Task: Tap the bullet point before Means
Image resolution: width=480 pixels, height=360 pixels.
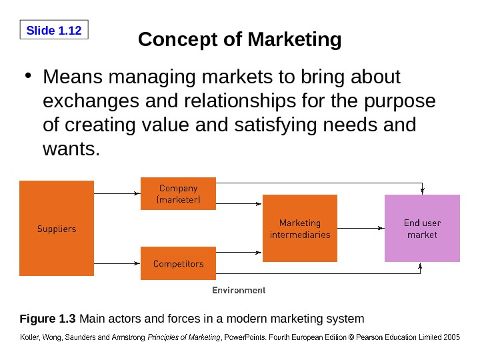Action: [x=28, y=78]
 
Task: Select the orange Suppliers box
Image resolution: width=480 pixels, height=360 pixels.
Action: [x=56, y=229]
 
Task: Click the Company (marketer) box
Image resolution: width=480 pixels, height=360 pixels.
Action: [x=178, y=193]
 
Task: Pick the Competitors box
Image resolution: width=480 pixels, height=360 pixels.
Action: [x=178, y=263]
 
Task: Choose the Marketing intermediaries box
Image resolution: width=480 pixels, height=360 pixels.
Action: [x=300, y=229]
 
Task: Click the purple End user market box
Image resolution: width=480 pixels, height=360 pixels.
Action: [x=422, y=229]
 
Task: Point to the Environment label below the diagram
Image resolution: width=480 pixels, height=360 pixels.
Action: [x=239, y=290]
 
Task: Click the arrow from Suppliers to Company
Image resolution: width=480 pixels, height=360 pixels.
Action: [x=117, y=193]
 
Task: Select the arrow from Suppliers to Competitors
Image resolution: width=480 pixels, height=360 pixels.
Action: [x=117, y=263]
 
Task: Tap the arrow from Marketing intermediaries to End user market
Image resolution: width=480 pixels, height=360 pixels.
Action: [x=361, y=229]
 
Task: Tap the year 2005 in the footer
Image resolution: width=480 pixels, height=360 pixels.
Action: [x=451, y=337]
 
